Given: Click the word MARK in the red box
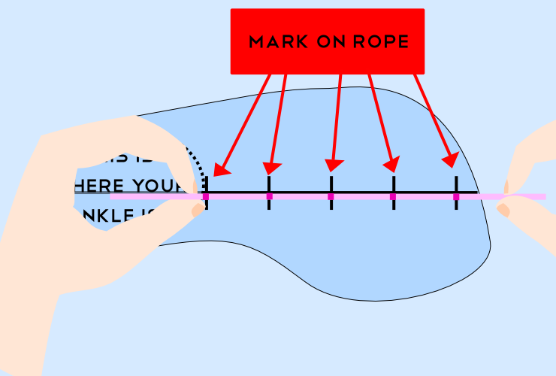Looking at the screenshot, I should [278, 42].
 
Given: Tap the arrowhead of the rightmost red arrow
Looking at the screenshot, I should [451, 160].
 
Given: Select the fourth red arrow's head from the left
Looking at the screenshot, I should [391, 163].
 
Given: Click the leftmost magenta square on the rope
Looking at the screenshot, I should [206, 196].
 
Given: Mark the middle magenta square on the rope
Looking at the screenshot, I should [331, 196].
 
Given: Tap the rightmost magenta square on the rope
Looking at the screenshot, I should [456, 196].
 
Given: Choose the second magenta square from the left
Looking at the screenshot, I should [269, 196].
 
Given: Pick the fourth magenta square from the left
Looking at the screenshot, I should [393, 196].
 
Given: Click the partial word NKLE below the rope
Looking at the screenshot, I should [113, 217].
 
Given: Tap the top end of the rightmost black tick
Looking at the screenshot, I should [456, 177].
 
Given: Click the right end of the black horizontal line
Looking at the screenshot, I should [476, 193].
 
